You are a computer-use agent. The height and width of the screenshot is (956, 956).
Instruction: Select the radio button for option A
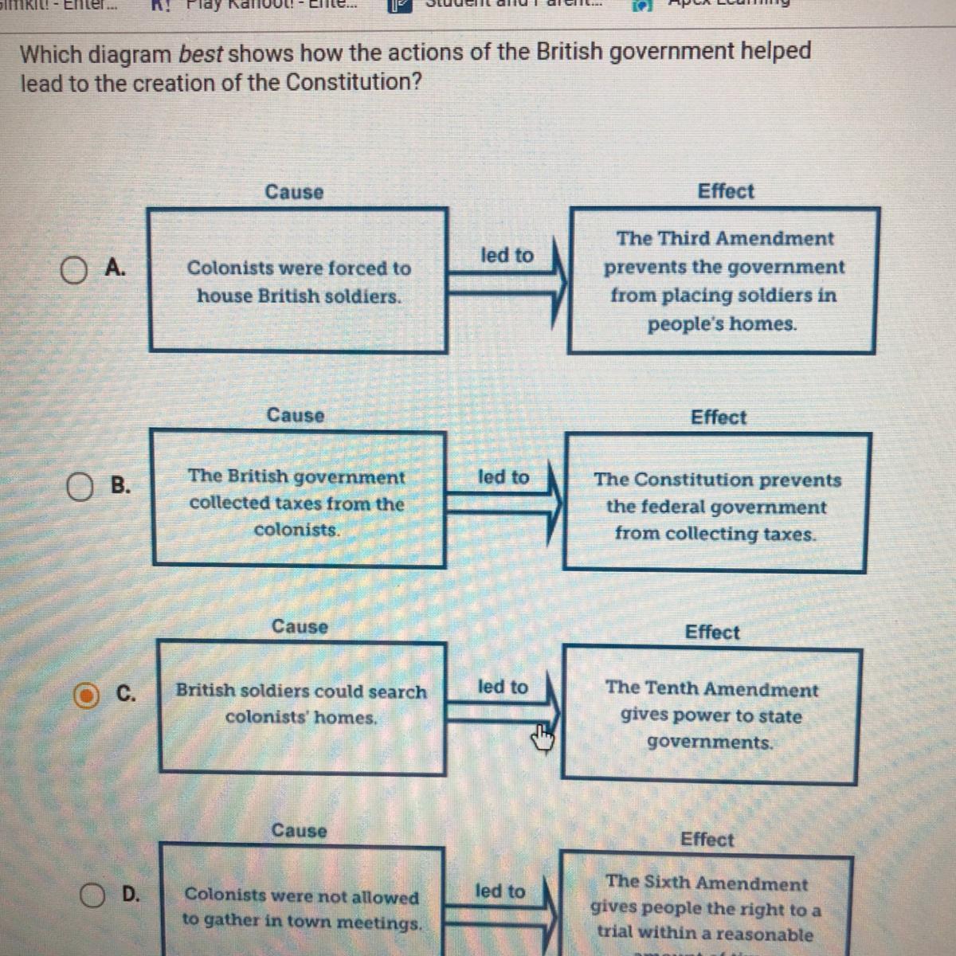point(73,271)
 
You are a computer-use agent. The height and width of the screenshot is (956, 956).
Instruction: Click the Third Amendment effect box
point(723,280)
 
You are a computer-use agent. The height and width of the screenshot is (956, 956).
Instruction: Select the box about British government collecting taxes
point(298,500)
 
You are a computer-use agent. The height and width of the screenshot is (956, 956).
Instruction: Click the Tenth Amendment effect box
point(711,714)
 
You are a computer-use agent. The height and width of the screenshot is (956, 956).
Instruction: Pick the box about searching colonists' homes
point(301,707)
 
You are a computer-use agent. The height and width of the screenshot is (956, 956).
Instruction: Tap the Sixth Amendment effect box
point(706,908)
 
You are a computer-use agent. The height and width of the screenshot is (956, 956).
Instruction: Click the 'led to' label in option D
point(500,891)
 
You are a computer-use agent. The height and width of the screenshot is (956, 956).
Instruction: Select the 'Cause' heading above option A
point(294,192)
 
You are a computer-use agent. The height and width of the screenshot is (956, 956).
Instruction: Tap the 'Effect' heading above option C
point(712,632)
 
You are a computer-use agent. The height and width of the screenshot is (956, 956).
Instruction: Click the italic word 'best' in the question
point(201,54)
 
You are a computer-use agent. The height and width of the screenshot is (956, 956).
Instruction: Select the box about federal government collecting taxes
point(715,502)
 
